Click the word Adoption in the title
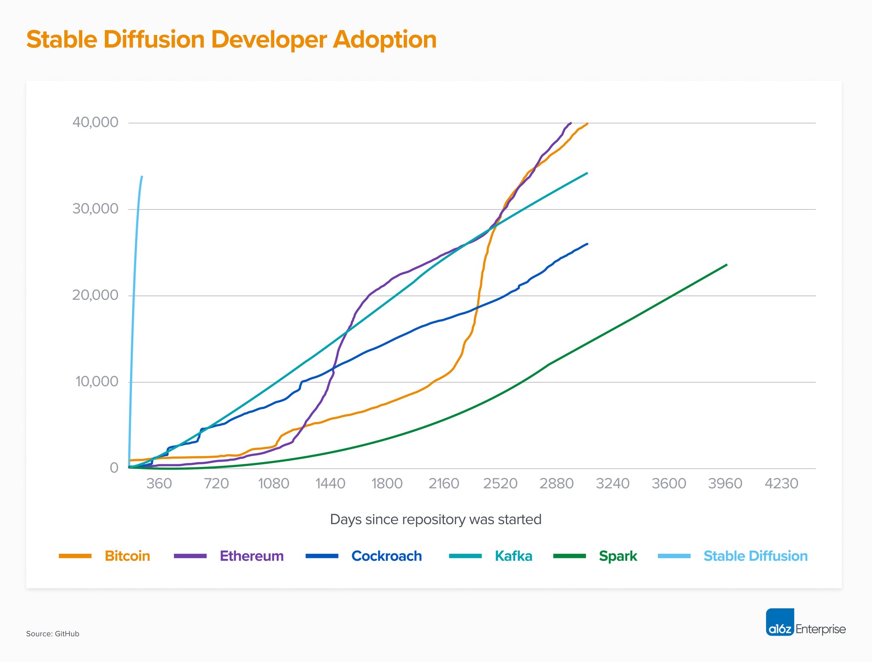384,40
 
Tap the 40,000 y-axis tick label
95,122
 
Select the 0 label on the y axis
114,468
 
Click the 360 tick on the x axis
159,483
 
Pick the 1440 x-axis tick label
330,483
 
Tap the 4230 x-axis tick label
781,483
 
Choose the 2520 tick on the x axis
500,483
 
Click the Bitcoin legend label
127,556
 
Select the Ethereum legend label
252,556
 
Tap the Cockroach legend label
387,556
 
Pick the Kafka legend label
513,556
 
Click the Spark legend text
618,556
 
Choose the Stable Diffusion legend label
755,556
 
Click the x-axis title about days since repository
436,519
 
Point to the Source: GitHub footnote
53,634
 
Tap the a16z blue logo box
780,622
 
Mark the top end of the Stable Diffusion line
142,177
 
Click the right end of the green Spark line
726,265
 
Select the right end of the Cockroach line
587,244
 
